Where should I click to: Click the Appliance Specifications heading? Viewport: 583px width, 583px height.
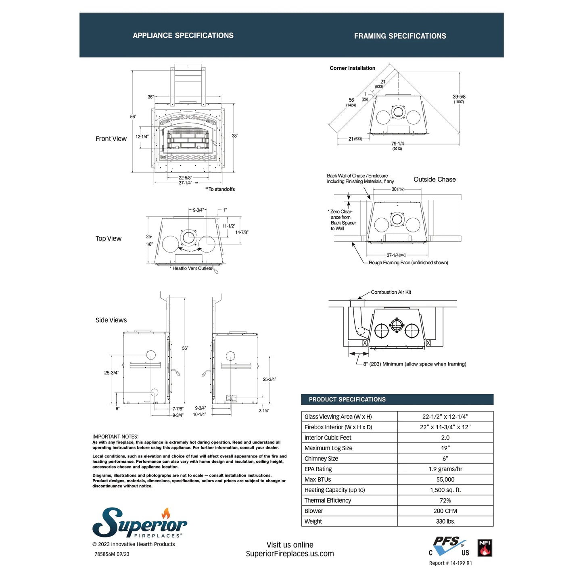coord(183,36)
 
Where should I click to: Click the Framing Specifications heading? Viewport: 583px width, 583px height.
coord(400,36)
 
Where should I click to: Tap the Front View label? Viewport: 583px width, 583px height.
coord(111,139)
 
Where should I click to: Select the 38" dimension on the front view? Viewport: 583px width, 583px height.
coord(235,136)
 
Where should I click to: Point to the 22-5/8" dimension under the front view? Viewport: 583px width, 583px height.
coord(186,178)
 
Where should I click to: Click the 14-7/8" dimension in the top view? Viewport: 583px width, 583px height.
coord(242,232)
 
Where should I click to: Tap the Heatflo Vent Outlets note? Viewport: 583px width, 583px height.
coord(191,268)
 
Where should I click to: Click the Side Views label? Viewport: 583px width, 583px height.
coord(111,320)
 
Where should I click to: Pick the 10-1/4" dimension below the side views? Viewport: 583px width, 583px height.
coord(199,414)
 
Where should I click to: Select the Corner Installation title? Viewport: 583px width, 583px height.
coord(352,68)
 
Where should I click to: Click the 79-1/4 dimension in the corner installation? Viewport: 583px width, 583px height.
coord(397,144)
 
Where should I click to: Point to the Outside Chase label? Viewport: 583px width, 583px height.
coord(435,180)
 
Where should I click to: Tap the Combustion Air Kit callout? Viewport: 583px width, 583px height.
coord(391,292)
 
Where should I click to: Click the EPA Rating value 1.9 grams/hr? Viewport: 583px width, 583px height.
coord(445,469)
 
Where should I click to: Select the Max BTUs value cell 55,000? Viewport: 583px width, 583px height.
coord(445,479)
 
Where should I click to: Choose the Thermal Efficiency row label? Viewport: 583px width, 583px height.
coord(328,500)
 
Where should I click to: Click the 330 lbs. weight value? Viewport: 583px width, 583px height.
coord(445,521)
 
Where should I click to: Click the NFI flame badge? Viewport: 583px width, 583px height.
coord(485,548)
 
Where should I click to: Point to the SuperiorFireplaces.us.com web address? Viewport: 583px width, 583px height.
coord(290,554)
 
